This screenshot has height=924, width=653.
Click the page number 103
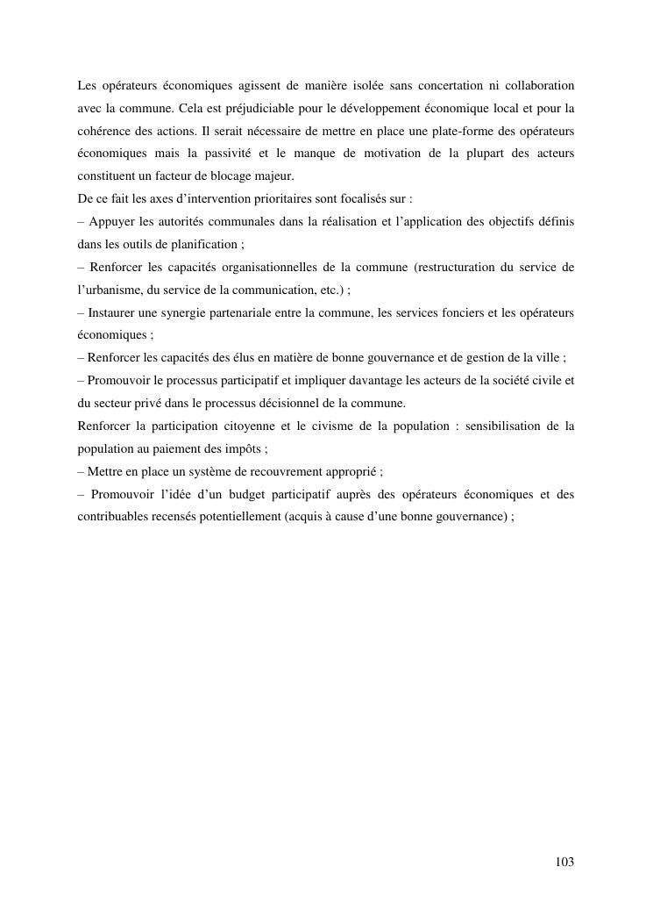(x=564, y=863)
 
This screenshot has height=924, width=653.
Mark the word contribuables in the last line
(x=110, y=517)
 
